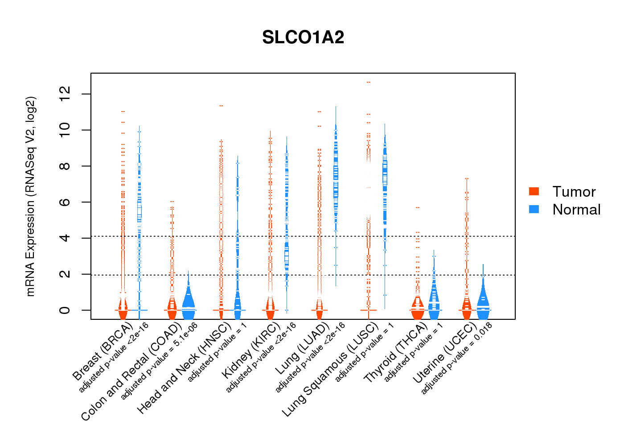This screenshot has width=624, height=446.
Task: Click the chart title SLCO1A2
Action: [303, 37]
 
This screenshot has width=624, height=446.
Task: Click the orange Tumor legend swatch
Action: [534, 191]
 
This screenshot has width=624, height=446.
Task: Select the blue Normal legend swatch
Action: [534, 209]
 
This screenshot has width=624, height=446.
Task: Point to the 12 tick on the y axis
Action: [65, 94]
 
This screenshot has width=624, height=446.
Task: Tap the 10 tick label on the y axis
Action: [65, 130]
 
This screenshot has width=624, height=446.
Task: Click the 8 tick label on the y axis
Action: [65, 166]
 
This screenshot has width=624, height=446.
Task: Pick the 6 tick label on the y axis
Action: [65, 202]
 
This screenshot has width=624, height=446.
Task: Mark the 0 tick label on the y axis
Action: [65, 310]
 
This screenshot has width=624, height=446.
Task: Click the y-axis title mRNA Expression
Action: [30, 196]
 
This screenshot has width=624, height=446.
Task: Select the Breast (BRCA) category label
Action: [102, 352]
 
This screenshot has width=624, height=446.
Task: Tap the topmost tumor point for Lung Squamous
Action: [369, 83]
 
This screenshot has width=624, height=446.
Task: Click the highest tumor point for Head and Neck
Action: [221, 106]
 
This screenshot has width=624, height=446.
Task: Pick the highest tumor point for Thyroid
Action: [418, 207]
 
